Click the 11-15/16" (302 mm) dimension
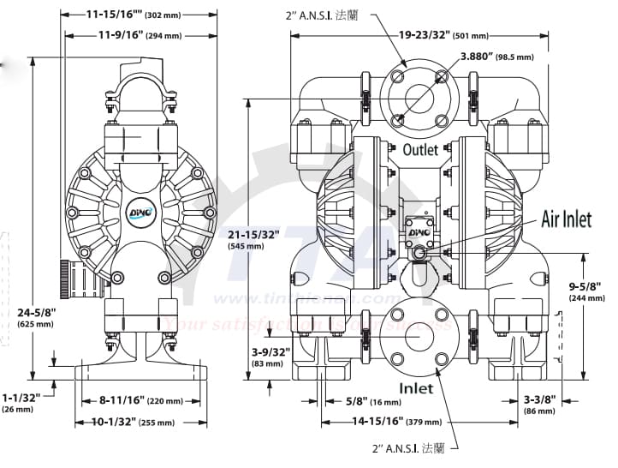(136, 15)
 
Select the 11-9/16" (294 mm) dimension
(139, 35)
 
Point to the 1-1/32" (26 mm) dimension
(21, 403)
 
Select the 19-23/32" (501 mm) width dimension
(443, 35)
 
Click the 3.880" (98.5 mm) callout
(496, 57)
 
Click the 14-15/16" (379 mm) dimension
(400, 422)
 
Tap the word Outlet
(396, 149)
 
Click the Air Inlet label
(566, 219)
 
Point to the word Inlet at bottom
(415, 388)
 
